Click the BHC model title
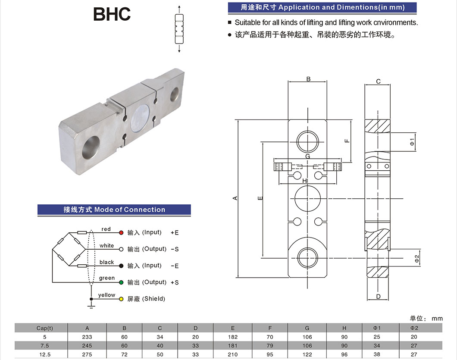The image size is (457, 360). click(112, 14)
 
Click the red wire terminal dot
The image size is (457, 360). click(121, 232)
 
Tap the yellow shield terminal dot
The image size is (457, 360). click(121, 299)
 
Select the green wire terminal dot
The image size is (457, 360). click(121, 282)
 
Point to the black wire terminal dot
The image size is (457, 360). click(121, 266)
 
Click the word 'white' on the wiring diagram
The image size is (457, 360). click(106, 246)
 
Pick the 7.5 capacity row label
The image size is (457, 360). click(44, 345)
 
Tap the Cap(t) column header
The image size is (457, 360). click(44, 328)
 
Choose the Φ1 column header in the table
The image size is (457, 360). click(377, 328)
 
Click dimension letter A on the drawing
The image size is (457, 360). click(235, 198)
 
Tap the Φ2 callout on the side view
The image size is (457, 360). click(416, 258)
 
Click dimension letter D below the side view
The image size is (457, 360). click(378, 297)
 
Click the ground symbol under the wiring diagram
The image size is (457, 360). click(91, 306)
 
